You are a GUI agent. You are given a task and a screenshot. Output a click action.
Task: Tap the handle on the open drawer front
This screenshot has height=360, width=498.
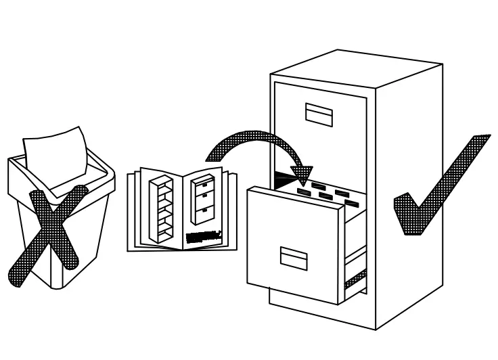[294, 256]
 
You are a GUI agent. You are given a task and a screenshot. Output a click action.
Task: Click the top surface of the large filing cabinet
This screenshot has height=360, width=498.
[355, 65]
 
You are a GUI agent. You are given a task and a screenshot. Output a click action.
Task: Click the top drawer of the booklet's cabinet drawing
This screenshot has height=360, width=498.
[203, 184]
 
